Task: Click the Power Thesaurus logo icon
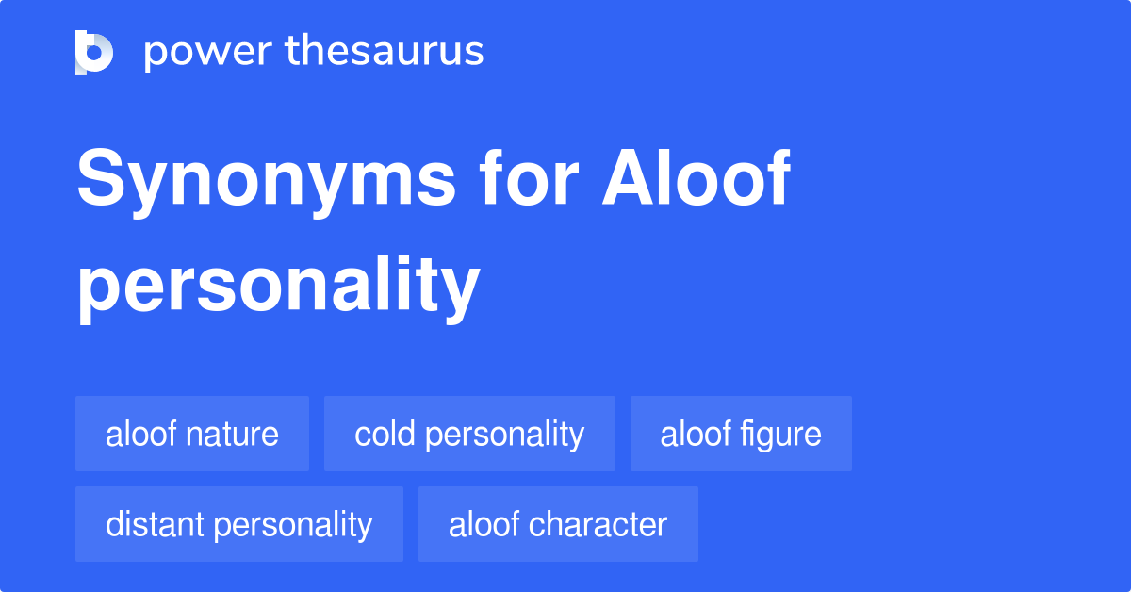(94, 52)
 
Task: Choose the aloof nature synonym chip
(192, 434)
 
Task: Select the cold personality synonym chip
(469, 434)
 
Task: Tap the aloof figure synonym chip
(741, 434)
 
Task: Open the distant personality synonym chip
(239, 524)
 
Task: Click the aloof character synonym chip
(558, 524)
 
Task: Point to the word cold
(385, 434)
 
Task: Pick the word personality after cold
(504, 435)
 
